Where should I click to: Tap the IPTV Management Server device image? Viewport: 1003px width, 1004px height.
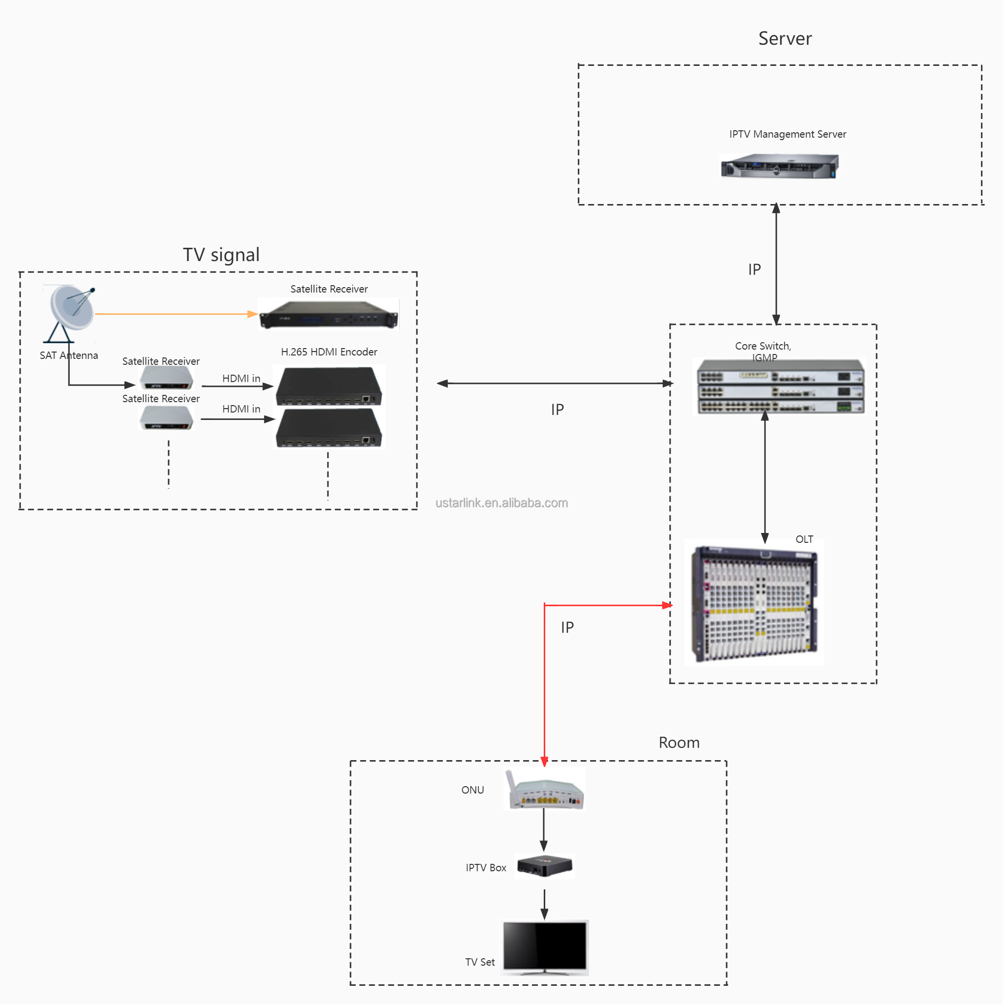pyautogui.click(x=779, y=166)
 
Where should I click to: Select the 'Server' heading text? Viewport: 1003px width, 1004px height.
pyautogui.click(x=785, y=38)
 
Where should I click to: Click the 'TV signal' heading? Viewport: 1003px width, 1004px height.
pyautogui.click(x=221, y=255)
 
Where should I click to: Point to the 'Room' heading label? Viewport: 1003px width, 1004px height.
pyautogui.click(x=678, y=742)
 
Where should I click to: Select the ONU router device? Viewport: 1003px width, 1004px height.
pyautogui.click(x=545, y=790)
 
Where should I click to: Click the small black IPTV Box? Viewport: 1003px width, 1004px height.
pyautogui.click(x=544, y=866)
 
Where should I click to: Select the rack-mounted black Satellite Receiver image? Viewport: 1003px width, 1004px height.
pyautogui.click(x=328, y=314)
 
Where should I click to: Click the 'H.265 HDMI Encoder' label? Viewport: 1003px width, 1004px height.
pyautogui.click(x=329, y=352)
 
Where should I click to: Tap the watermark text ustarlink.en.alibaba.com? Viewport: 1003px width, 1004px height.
pyautogui.click(x=501, y=503)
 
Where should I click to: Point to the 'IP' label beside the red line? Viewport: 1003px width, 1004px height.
pyautogui.click(x=567, y=628)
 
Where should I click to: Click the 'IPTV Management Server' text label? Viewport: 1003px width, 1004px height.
pyautogui.click(x=787, y=134)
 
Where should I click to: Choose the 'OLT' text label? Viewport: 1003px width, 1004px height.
pyautogui.click(x=804, y=539)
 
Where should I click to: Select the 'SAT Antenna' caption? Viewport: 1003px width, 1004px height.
pyautogui.click(x=69, y=355)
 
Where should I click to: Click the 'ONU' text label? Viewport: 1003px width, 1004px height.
pyautogui.click(x=472, y=790)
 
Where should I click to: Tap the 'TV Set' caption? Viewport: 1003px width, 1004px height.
pyautogui.click(x=480, y=962)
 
